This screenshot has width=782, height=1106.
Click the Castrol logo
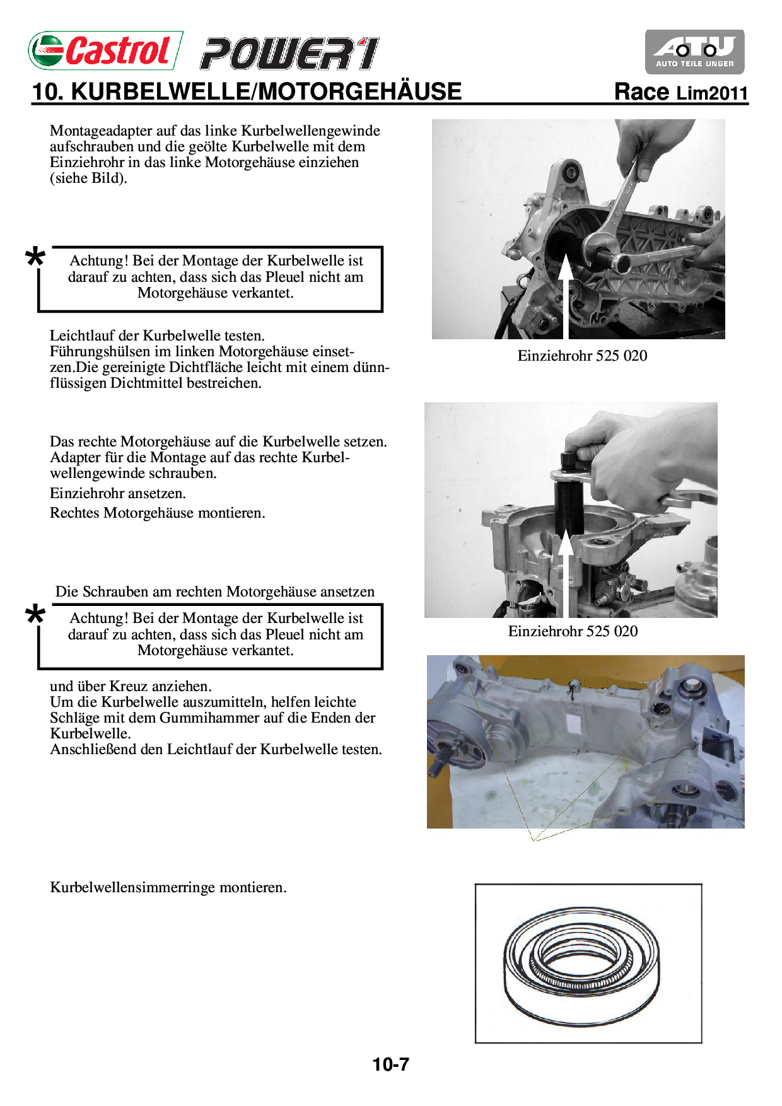coord(105,50)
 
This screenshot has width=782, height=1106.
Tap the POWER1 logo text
coord(289,54)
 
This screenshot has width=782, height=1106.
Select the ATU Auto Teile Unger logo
coord(694,52)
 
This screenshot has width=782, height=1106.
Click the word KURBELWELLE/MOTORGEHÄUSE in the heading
coord(266,92)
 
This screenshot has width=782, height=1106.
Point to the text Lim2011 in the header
coord(712,93)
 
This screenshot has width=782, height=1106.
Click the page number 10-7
coord(390,1064)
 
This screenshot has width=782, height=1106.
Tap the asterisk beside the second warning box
coord(35,615)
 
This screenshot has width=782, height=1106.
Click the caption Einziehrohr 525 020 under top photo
coord(582,356)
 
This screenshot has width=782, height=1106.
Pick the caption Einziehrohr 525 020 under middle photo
coord(573,631)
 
